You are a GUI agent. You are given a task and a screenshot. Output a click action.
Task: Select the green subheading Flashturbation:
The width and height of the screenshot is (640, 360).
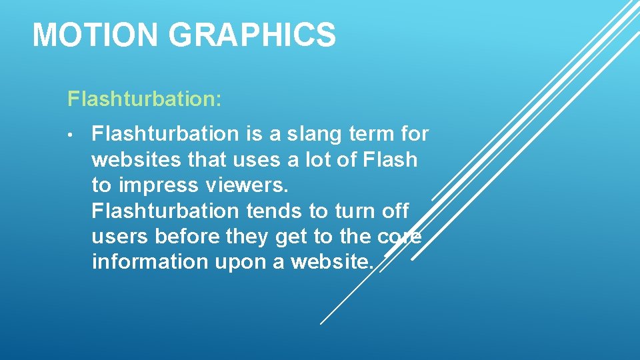pos(145,100)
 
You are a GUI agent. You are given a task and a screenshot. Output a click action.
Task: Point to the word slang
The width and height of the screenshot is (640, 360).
pos(315,135)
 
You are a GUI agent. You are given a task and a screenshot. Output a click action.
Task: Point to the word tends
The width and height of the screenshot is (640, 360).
pos(275,211)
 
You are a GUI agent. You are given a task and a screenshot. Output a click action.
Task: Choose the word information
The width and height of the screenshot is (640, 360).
pos(151,262)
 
